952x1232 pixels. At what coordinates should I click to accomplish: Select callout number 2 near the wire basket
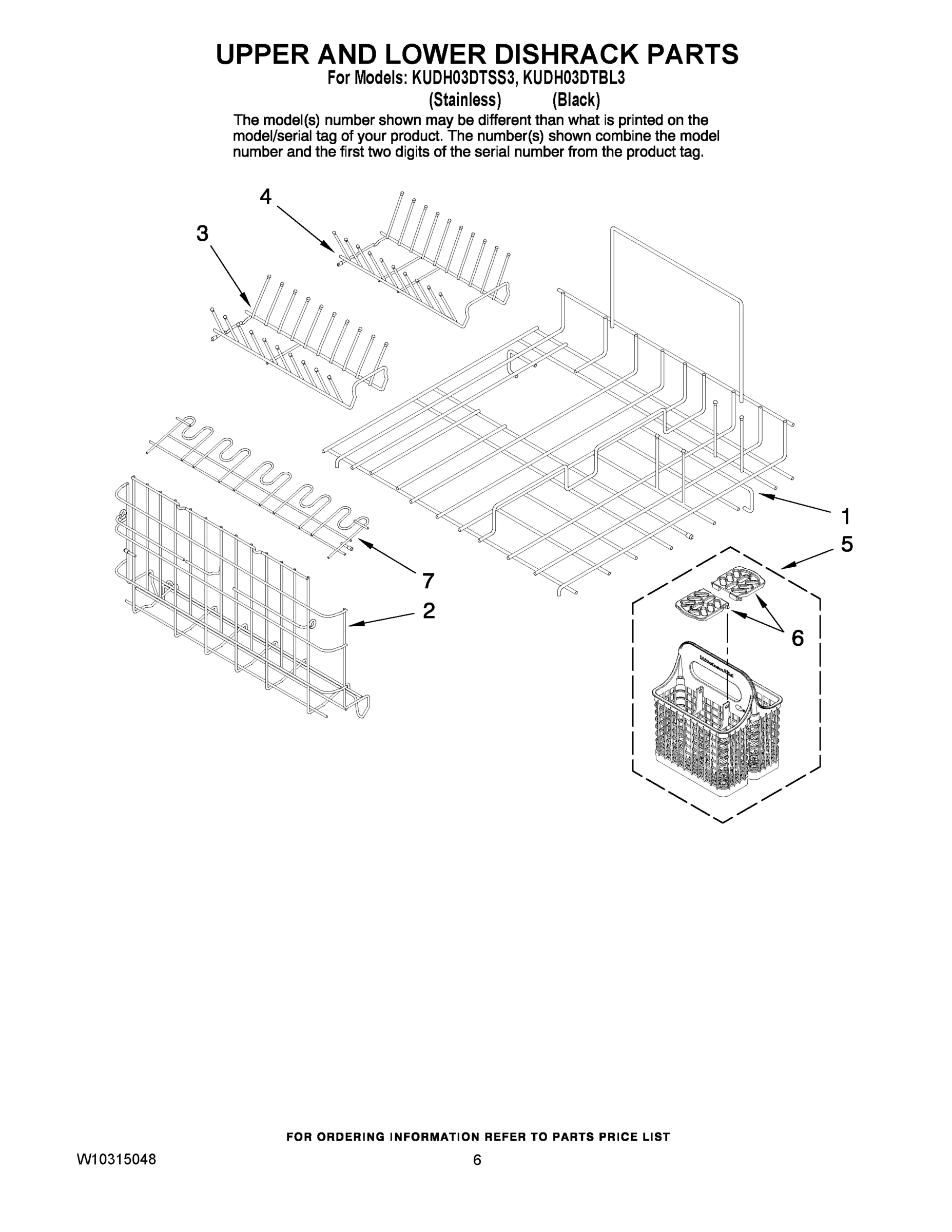pos(429,610)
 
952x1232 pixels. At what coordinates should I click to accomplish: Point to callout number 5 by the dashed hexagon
pos(846,544)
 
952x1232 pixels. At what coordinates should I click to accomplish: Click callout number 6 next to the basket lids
pos(797,638)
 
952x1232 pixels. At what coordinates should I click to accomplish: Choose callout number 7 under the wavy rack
pos(429,580)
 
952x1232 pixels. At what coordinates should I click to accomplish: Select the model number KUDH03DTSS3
pos(461,78)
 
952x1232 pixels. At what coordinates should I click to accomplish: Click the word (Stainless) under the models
pos(465,100)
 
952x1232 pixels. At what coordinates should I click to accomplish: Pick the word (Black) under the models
pos(576,100)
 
